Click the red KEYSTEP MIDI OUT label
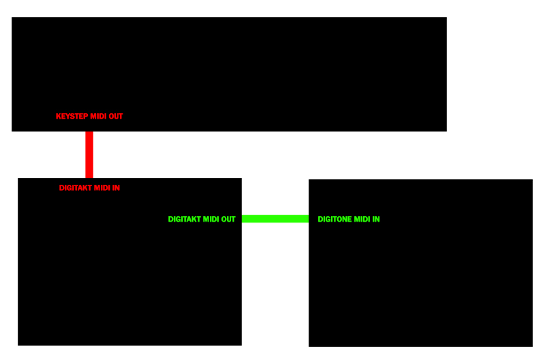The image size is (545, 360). click(x=89, y=116)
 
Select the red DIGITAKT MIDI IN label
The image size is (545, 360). click(x=89, y=187)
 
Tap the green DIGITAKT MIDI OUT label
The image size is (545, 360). click(x=202, y=219)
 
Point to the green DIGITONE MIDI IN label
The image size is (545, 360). click(x=349, y=219)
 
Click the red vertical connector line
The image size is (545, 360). click(x=89, y=155)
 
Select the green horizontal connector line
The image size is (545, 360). click(x=275, y=219)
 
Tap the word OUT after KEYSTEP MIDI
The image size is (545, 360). click(x=116, y=116)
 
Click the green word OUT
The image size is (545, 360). click(x=228, y=219)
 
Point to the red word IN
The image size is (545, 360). click(x=116, y=187)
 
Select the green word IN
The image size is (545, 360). click(x=376, y=219)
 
